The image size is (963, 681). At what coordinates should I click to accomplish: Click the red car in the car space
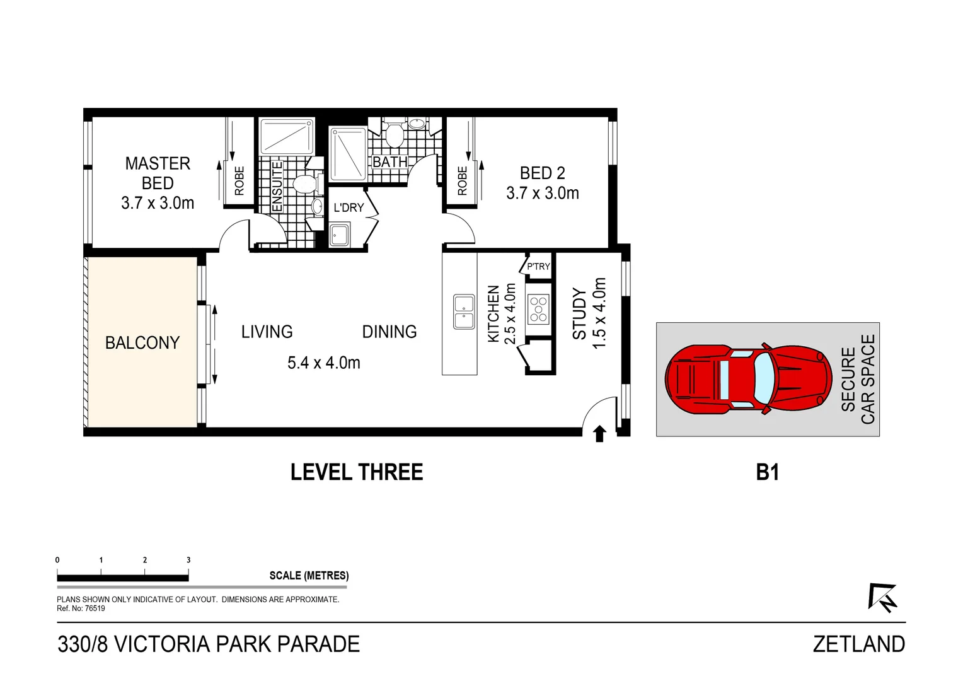tap(748, 379)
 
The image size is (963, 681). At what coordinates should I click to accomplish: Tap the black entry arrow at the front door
tap(600, 434)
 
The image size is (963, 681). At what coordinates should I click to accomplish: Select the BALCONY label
tap(142, 343)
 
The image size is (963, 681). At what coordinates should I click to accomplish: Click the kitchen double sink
tap(464, 312)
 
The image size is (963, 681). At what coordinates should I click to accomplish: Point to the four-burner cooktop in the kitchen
tap(538, 308)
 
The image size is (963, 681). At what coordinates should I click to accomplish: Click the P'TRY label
tap(539, 266)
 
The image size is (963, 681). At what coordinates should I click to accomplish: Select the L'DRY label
tap(349, 208)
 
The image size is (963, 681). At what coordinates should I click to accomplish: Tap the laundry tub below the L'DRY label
tap(339, 235)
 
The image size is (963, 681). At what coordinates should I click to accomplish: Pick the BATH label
tap(390, 162)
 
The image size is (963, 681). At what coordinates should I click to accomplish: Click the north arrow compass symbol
tap(882, 598)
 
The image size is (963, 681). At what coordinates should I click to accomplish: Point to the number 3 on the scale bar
tap(188, 560)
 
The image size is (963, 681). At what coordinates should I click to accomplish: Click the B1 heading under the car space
tap(768, 472)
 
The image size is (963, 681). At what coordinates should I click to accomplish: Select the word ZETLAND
tap(859, 644)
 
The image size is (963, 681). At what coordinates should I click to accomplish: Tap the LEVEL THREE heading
tap(357, 472)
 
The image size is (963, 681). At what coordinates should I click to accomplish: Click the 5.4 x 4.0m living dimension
tap(324, 363)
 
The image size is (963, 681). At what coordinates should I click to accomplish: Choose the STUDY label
tap(580, 314)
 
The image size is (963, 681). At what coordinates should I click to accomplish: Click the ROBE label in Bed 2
tap(463, 181)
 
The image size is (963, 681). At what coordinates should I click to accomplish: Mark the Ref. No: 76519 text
tap(81, 608)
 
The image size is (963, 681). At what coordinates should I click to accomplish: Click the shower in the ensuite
tap(287, 136)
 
